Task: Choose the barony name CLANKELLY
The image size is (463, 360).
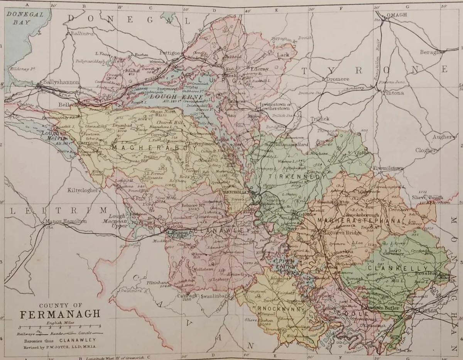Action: (398, 268)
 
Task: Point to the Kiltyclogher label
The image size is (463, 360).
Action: (83, 190)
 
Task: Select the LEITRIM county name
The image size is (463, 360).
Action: (58, 210)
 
